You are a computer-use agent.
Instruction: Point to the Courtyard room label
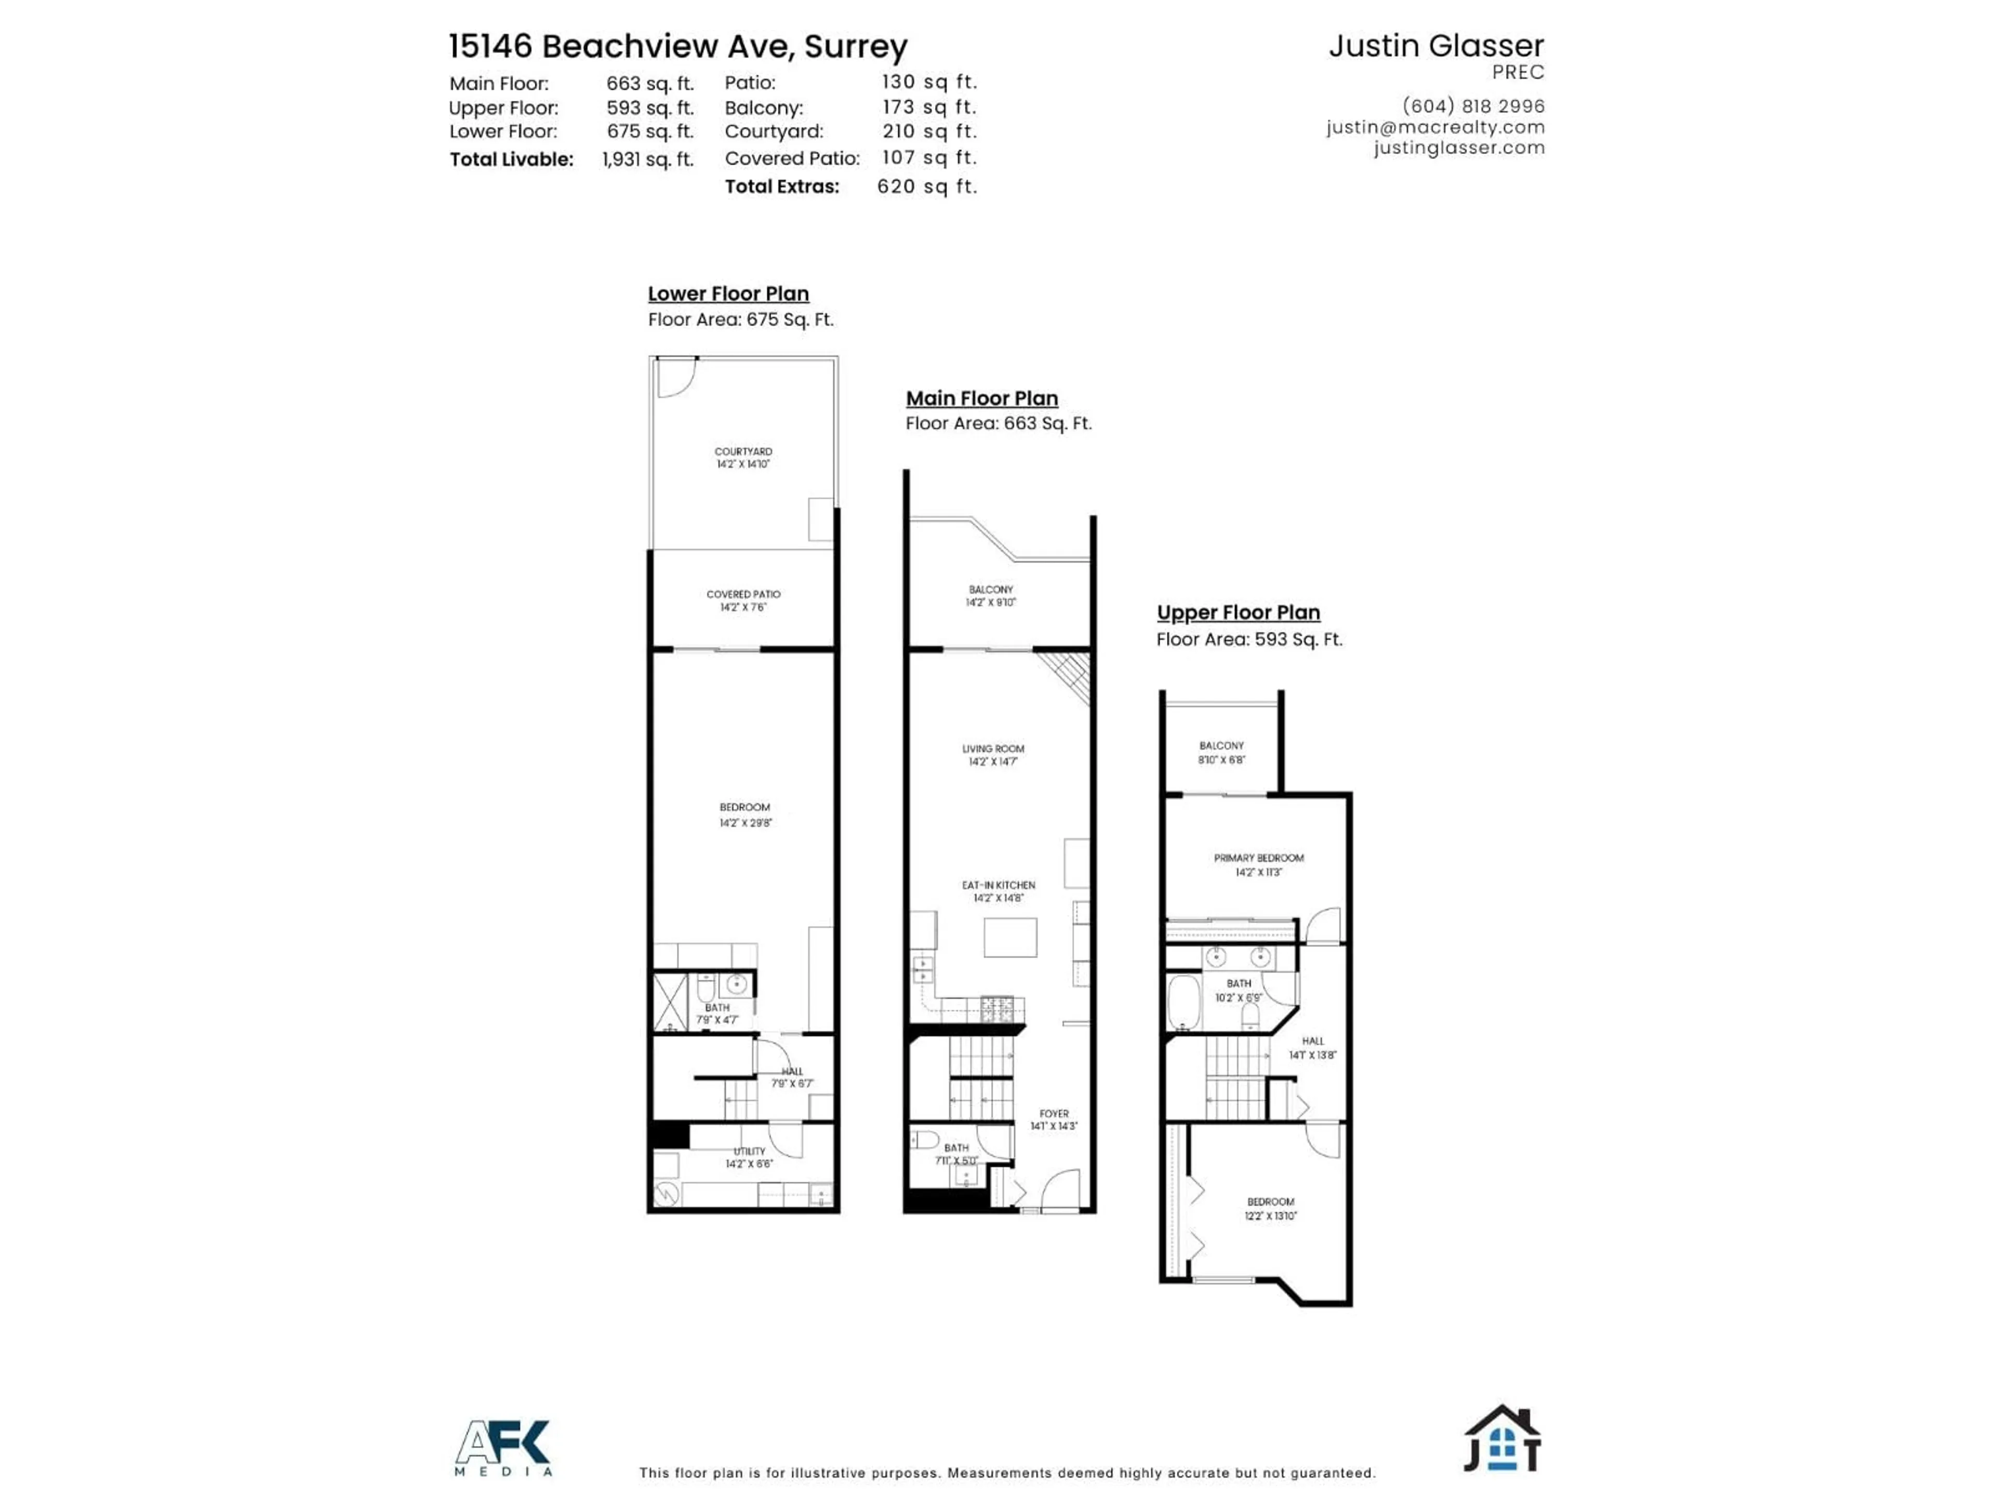(743, 457)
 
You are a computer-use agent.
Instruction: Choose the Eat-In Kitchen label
(999, 891)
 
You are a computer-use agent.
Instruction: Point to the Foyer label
(1054, 1119)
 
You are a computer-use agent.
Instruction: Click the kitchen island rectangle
(1010, 937)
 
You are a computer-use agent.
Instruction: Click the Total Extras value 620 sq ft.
(927, 186)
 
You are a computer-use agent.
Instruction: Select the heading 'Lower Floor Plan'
(728, 294)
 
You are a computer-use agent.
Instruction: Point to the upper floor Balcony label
(1221, 752)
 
